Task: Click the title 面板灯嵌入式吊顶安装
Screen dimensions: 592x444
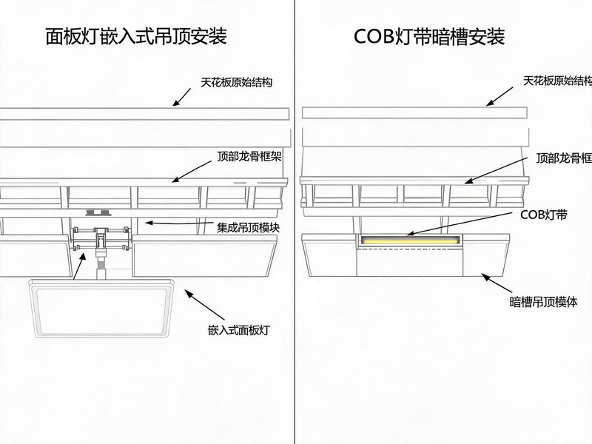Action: pos(136,36)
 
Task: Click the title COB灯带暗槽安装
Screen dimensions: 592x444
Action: pos(429,36)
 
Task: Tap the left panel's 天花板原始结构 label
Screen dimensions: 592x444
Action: pos(236,82)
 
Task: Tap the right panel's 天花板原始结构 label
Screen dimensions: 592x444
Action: pos(557,81)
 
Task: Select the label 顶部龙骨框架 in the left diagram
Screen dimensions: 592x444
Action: pos(249,156)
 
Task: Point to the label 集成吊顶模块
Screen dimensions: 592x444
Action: pos(248,228)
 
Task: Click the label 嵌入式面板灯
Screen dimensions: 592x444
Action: pos(239,330)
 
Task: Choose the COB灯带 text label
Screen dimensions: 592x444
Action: pos(544,215)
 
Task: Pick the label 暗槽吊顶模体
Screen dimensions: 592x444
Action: pos(543,302)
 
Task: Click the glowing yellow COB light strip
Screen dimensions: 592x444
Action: pos(410,240)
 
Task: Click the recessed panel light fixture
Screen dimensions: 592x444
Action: pos(102,308)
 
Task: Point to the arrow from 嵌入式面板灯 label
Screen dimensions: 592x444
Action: pos(204,305)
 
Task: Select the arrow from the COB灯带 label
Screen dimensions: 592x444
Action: pos(460,224)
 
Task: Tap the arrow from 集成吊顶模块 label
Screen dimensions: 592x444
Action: pos(178,223)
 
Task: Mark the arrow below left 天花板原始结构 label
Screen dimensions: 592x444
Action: pos(182,97)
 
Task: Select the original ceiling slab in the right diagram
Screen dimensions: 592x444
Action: pos(414,113)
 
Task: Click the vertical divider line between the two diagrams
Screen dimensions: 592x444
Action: pos(295,222)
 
